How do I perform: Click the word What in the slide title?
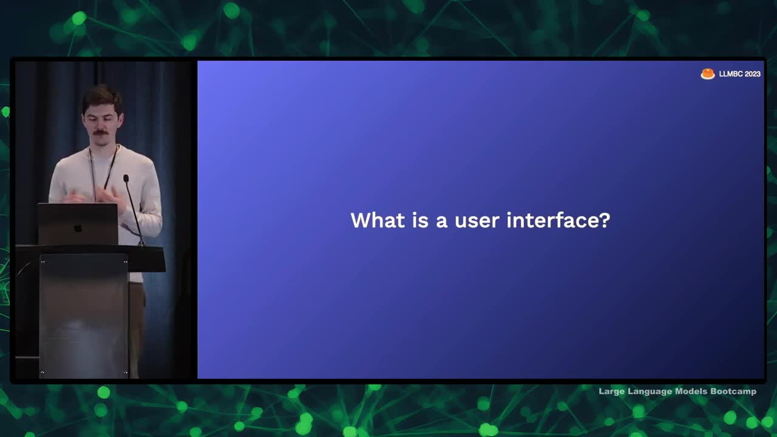[x=378, y=220]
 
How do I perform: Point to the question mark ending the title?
[x=605, y=220]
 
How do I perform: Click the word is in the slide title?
[x=420, y=220]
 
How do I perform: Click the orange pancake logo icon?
[x=708, y=73]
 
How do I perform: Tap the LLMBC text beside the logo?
[x=730, y=74]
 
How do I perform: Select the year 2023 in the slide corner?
[x=752, y=74]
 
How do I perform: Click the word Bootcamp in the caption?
[x=733, y=391]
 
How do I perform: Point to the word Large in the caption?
[x=612, y=392]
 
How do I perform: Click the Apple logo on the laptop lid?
[x=78, y=228]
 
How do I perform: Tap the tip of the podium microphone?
[x=126, y=178]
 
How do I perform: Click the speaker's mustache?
[x=100, y=132]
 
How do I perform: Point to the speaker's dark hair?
[x=101, y=98]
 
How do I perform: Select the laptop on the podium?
[x=78, y=224]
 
